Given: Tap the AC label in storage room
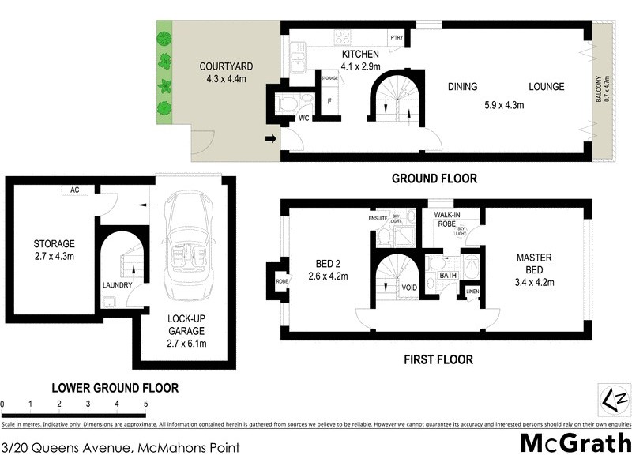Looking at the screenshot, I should tap(76, 190).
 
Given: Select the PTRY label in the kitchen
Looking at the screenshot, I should tap(396, 37).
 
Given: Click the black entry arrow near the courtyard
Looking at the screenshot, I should tap(270, 140).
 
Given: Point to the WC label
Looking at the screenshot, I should tap(303, 119).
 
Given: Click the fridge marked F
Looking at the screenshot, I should tap(329, 102).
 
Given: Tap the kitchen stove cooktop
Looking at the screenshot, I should tap(344, 36).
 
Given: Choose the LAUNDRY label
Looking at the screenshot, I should tap(116, 284).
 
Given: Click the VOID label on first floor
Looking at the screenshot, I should tap(409, 288).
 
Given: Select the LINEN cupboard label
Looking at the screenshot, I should tap(472, 292).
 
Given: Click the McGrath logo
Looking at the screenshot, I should tap(575, 442).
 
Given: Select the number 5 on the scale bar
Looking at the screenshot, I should tap(145, 404).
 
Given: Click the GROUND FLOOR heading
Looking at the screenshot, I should tap(434, 179).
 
